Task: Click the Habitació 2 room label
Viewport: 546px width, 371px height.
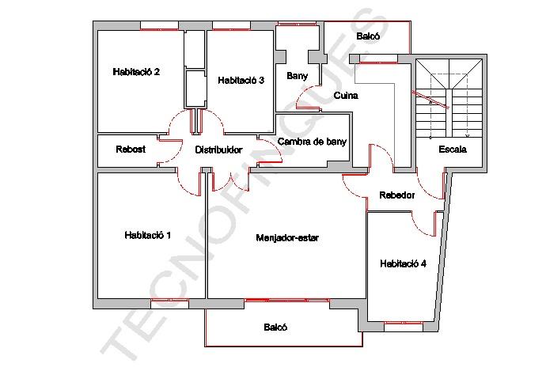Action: [136, 72]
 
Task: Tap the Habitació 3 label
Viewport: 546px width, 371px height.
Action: [241, 81]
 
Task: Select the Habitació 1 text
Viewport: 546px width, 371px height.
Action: [148, 235]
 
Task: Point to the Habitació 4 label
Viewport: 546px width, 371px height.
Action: [403, 263]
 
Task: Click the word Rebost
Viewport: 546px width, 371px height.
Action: [131, 150]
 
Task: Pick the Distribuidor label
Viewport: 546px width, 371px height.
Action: [218, 150]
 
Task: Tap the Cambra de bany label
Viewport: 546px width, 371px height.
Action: [312, 142]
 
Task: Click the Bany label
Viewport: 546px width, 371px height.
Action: [297, 76]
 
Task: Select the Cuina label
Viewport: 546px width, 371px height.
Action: [346, 96]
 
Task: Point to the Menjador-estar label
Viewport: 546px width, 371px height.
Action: [287, 238]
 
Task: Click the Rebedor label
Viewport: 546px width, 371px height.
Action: [397, 195]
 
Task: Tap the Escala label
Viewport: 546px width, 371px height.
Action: [453, 150]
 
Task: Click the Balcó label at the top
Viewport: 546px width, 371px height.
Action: [368, 36]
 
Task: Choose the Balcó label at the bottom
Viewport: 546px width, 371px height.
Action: [275, 327]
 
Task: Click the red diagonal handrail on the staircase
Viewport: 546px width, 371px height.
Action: [430, 100]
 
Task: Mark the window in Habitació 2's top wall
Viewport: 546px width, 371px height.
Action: [159, 26]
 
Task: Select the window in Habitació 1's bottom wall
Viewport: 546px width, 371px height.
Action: [169, 304]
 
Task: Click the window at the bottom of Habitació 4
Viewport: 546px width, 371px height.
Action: [404, 327]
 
